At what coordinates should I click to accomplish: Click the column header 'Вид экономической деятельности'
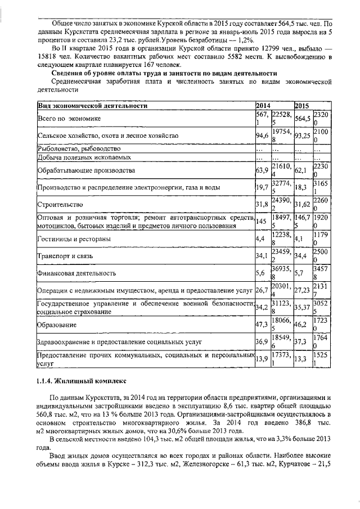click(93, 106)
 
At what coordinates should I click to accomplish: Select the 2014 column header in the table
click(263, 106)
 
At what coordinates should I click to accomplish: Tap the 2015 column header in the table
click(302, 106)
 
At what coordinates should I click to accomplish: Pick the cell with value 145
click(261, 222)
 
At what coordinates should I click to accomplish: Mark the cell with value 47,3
click(262, 325)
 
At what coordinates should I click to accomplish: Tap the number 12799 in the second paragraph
click(259, 48)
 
